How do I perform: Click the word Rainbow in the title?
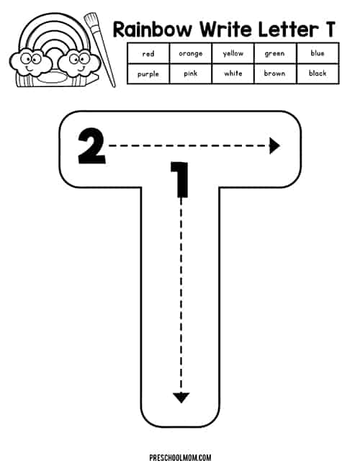pyautogui.click(x=153, y=30)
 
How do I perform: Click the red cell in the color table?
pyautogui.click(x=148, y=53)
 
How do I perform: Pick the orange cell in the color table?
pyautogui.click(x=190, y=53)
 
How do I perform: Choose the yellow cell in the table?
pyautogui.click(x=233, y=53)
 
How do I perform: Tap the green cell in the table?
pyautogui.click(x=275, y=53)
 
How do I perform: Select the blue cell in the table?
pyautogui.click(x=318, y=53)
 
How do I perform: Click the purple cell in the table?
pyautogui.click(x=148, y=73)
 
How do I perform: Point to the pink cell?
pyautogui.click(x=190, y=73)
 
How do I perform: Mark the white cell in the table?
pyautogui.click(x=233, y=73)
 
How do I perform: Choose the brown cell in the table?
pyautogui.click(x=275, y=73)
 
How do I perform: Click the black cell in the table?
pyautogui.click(x=318, y=73)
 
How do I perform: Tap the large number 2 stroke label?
pyautogui.click(x=91, y=146)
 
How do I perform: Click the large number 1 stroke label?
pyautogui.click(x=180, y=179)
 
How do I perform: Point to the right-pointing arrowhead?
pyautogui.click(x=274, y=145)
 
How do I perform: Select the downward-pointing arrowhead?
pyautogui.click(x=181, y=398)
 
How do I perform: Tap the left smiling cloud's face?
pyautogui.click(x=30, y=62)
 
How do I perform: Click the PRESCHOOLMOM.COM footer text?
pyautogui.click(x=180, y=457)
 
